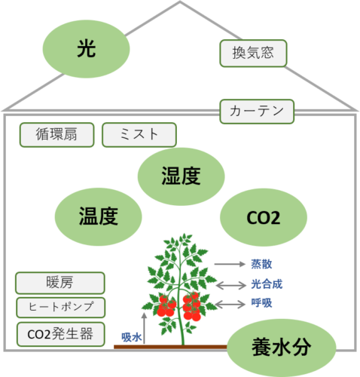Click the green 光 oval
(x=86, y=49)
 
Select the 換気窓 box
(x=253, y=54)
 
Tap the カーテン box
(x=257, y=112)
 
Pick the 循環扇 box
(x=56, y=135)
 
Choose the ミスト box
(x=139, y=135)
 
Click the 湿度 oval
(x=181, y=176)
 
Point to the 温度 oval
(x=99, y=216)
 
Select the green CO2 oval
(x=264, y=217)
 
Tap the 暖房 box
(x=60, y=283)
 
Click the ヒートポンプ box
(x=61, y=308)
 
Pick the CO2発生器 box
(x=61, y=334)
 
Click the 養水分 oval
(x=282, y=348)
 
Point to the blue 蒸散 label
(x=261, y=264)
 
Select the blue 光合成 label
(x=267, y=284)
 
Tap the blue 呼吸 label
(x=261, y=303)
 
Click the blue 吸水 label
(x=132, y=337)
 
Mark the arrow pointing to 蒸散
(x=230, y=264)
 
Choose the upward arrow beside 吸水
(x=144, y=328)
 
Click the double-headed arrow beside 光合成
(x=231, y=285)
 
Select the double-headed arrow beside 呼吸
(x=230, y=305)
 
